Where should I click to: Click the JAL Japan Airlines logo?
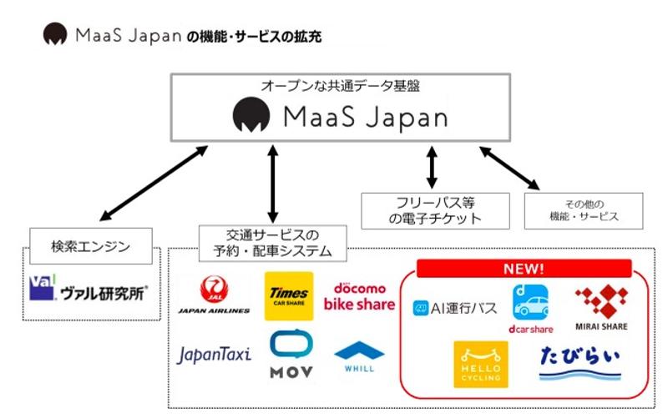click(x=214, y=297)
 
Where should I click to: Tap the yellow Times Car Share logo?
click(x=289, y=296)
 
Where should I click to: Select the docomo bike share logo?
click(x=359, y=296)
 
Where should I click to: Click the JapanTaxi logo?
click(x=214, y=355)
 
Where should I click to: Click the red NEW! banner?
click(x=523, y=269)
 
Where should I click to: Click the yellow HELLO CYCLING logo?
click(x=481, y=364)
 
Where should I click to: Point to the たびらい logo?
click(x=580, y=364)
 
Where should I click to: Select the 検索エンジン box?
click(x=91, y=247)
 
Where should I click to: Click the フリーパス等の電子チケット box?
click(x=434, y=210)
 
